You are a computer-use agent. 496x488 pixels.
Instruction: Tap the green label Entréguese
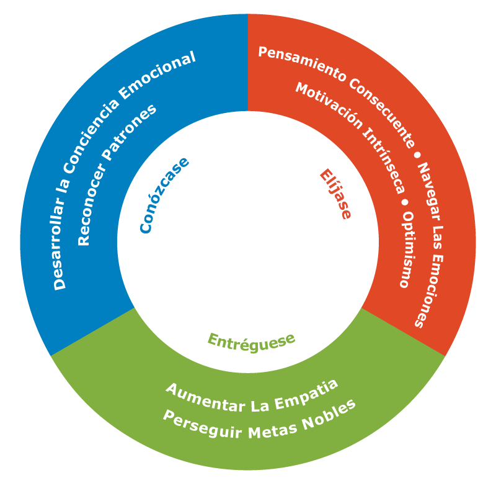252,343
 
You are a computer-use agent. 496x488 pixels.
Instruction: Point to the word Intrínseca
384,160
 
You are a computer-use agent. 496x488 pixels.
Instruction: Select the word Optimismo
407,250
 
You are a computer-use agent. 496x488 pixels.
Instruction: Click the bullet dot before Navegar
417,155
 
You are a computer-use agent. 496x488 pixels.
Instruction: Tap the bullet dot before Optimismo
405,202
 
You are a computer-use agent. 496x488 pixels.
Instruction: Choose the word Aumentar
206,398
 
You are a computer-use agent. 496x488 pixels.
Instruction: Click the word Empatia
306,394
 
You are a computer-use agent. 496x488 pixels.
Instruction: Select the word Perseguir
203,425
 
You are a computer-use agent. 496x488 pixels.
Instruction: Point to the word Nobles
329,415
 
